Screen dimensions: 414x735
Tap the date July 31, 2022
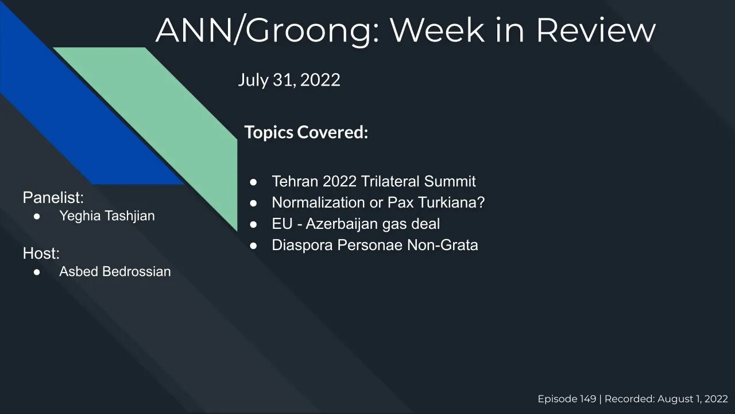click(x=289, y=79)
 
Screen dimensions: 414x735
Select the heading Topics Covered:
click(x=306, y=132)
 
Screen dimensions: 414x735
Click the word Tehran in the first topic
click(x=295, y=182)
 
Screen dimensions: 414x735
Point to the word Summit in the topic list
click(x=450, y=182)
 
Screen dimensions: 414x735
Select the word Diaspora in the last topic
click(x=302, y=245)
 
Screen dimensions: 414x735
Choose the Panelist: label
click(x=53, y=198)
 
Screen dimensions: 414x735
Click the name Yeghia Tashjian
click(x=107, y=216)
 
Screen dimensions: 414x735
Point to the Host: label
click(x=41, y=253)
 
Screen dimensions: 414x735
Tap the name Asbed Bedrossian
click(x=115, y=271)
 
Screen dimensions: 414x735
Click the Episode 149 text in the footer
click(x=566, y=399)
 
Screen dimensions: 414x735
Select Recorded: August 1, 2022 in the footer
click(x=666, y=399)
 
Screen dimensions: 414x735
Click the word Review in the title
click(x=595, y=30)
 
